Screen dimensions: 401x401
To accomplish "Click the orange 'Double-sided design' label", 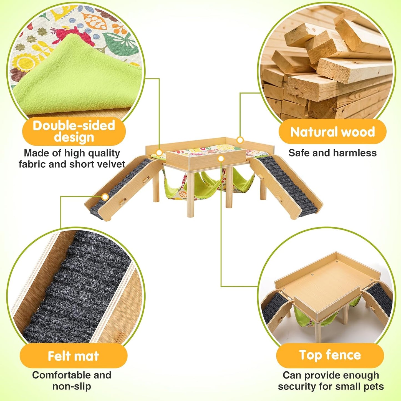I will point(74,131).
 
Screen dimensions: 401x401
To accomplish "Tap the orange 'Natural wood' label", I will point(332,132).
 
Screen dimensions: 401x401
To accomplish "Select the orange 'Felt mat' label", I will point(73,356).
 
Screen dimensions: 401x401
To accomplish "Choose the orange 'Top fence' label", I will point(330,355).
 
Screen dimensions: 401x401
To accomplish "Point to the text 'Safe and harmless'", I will point(332,153).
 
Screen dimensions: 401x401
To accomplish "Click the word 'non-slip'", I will point(72,386).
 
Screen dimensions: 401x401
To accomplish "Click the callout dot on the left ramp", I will point(105,197).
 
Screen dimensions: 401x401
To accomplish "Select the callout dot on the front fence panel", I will point(221,159).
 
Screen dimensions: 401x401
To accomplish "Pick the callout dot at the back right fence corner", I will point(240,140).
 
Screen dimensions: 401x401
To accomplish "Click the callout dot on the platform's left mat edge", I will point(159,153).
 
